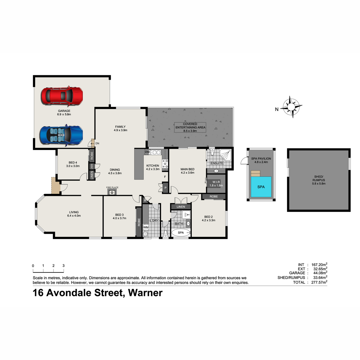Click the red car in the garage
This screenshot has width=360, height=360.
(62, 96)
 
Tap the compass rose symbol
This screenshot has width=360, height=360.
(291, 107)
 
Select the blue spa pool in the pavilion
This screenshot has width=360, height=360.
(261, 187)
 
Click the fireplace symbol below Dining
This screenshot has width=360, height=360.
(112, 192)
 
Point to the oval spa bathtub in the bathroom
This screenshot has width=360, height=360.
(181, 232)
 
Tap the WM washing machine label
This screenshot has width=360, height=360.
(146, 227)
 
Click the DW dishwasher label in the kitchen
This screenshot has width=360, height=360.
(147, 152)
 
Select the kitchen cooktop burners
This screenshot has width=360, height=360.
(165, 164)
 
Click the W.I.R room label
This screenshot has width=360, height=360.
(216, 182)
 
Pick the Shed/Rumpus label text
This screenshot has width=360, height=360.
(319, 180)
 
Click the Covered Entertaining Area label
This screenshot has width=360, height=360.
(190, 127)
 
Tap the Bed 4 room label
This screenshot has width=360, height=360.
(73, 163)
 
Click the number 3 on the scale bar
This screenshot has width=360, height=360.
(64, 266)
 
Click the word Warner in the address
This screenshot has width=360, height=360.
(145, 293)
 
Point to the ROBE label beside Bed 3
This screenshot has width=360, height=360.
(139, 222)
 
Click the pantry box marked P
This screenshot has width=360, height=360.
(166, 188)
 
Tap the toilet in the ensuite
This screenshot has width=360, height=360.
(212, 152)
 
